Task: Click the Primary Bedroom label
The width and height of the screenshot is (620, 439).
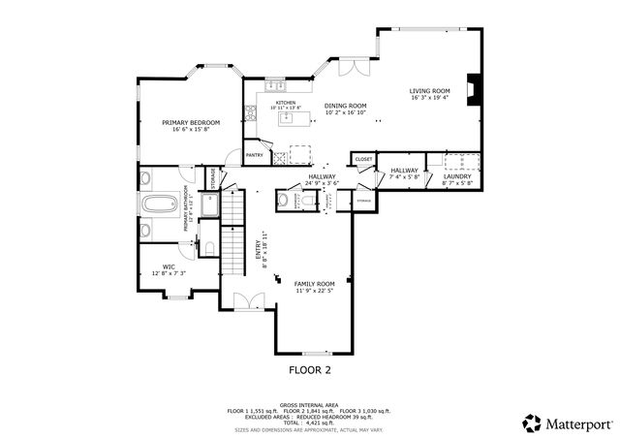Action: pos(191,122)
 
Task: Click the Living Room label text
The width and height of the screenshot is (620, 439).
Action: pos(430,90)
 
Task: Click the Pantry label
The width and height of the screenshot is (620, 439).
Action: pos(255,155)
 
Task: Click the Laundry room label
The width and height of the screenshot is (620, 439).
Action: pos(457,175)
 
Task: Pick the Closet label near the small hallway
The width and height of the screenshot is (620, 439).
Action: pos(363,158)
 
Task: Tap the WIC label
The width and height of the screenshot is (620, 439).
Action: pos(168,267)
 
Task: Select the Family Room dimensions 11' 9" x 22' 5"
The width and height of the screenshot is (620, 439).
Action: pos(314,291)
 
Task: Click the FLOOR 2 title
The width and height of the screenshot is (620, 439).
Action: pos(310,370)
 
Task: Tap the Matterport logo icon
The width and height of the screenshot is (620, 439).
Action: pos(531,423)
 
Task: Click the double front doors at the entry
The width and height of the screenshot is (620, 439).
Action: pos(249,301)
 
